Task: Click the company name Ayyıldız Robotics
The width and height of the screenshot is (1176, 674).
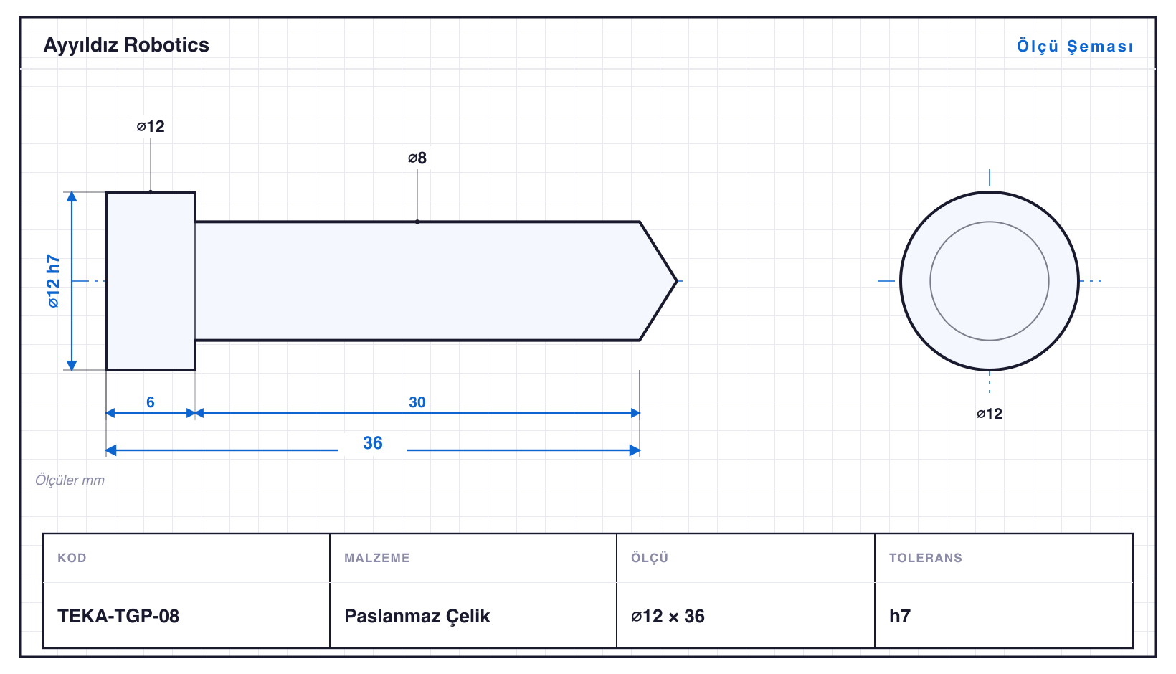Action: (x=126, y=46)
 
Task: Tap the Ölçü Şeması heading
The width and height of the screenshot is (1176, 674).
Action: (x=1075, y=46)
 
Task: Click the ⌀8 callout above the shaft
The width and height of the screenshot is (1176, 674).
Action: (x=417, y=158)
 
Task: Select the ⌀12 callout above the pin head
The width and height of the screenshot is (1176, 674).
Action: (x=151, y=126)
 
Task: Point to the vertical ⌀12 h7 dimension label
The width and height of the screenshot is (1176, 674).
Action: (x=53, y=281)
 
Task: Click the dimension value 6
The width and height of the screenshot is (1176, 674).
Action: (x=150, y=402)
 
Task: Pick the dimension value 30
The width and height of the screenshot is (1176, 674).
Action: (x=417, y=402)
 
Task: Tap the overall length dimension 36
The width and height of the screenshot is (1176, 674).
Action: (x=373, y=442)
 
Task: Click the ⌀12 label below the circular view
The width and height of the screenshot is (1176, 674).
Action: (x=990, y=414)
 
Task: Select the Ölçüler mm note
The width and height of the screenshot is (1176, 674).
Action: (x=70, y=480)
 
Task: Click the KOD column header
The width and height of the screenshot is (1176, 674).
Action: (x=72, y=557)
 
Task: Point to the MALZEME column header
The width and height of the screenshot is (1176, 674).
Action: (x=377, y=557)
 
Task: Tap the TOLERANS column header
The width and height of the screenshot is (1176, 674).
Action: (x=926, y=557)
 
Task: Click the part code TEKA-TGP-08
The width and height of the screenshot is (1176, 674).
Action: (x=118, y=616)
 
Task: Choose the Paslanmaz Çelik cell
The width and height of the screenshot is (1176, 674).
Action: (x=417, y=616)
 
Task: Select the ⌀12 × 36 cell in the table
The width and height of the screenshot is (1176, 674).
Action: (x=668, y=616)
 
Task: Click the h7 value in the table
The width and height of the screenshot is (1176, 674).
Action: (x=900, y=616)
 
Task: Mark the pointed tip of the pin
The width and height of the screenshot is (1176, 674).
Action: (x=677, y=281)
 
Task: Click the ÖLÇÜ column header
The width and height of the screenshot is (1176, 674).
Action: (x=650, y=557)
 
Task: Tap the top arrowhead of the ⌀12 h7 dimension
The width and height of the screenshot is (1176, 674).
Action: (x=72, y=196)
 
